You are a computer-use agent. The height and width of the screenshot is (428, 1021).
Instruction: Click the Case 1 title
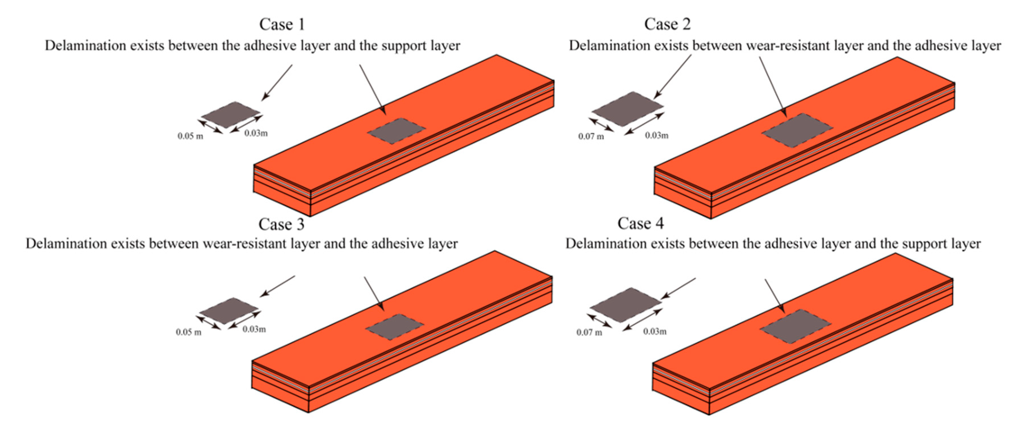282,25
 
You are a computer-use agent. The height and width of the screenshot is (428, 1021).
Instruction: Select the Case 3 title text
281,225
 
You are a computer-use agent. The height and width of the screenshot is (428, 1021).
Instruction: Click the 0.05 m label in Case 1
190,136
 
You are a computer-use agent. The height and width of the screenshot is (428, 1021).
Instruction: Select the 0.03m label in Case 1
256,133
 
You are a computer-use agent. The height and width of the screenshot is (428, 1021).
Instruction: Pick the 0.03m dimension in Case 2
656,136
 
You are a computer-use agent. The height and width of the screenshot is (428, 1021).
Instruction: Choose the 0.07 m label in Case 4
589,333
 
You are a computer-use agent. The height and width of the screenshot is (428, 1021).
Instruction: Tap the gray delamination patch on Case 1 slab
396,131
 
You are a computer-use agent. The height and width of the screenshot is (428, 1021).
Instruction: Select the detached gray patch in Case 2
627,109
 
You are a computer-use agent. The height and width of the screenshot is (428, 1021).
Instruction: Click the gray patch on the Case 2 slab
797,130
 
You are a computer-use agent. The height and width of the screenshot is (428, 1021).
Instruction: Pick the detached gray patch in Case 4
625,305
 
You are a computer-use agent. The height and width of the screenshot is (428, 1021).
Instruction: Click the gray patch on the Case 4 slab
795,326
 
